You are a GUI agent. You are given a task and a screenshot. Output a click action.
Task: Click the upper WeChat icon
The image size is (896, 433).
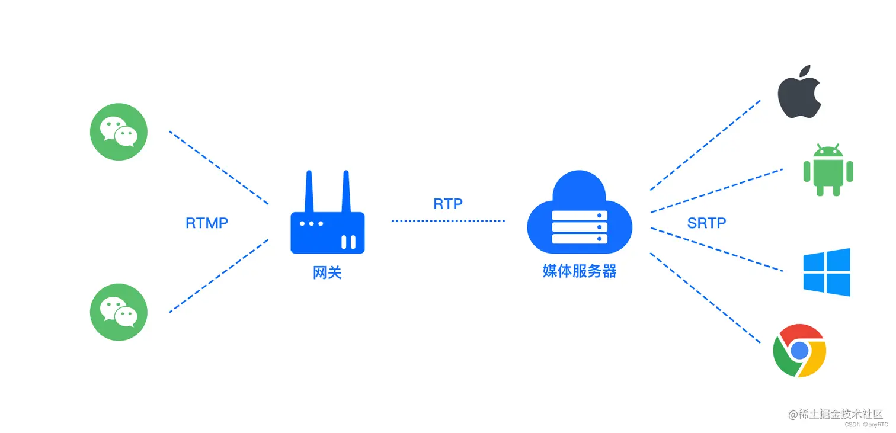point(119,131)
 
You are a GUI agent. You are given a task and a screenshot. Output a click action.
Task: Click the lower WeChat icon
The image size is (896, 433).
point(119,312)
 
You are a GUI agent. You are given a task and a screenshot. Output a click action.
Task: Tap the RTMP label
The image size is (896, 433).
point(207,223)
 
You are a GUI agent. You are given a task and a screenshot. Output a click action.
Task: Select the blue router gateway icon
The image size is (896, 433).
point(327,225)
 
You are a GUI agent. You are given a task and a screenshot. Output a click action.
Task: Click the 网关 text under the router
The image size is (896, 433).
point(327,272)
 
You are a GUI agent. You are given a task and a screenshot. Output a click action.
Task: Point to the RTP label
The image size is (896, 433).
point(448,204)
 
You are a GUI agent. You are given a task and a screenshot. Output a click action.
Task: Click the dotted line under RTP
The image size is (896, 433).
point(448,221)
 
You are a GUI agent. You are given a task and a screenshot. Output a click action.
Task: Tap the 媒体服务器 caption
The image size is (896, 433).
point(579,271)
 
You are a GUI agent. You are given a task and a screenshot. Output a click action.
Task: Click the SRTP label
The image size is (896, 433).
point(706,223)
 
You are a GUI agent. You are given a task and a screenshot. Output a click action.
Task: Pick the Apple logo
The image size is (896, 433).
point(799,92)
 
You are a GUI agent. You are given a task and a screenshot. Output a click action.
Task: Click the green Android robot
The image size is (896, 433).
point(828,170)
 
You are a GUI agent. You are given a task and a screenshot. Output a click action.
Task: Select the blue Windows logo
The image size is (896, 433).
point(827,272)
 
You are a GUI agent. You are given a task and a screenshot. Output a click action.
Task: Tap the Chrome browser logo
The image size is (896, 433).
point(799,350)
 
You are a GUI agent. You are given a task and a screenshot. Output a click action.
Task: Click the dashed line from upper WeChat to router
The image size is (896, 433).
point(219,168)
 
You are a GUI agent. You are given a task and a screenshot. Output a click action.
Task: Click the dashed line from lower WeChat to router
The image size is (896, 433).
point(219,276)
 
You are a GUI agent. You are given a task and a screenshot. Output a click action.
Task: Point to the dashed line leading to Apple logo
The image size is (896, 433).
point(705,145)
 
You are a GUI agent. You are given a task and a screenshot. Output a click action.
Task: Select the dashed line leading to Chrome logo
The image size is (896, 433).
point(705,298)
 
